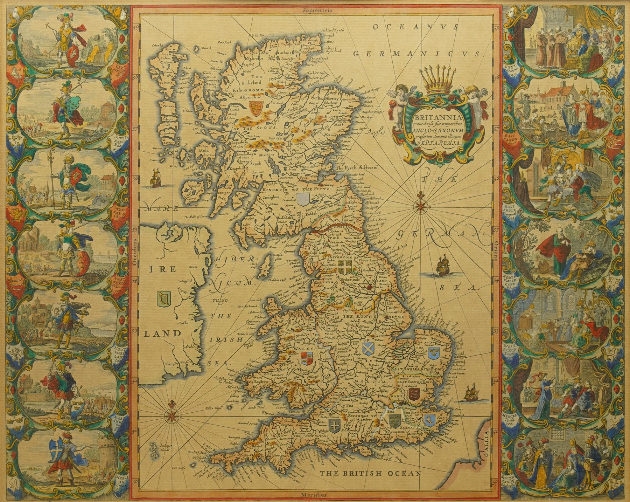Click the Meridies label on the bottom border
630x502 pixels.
(x=314, y=495)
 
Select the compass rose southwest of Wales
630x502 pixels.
(x=171, y=414)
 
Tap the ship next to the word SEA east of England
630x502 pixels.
(x=443, y=269)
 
